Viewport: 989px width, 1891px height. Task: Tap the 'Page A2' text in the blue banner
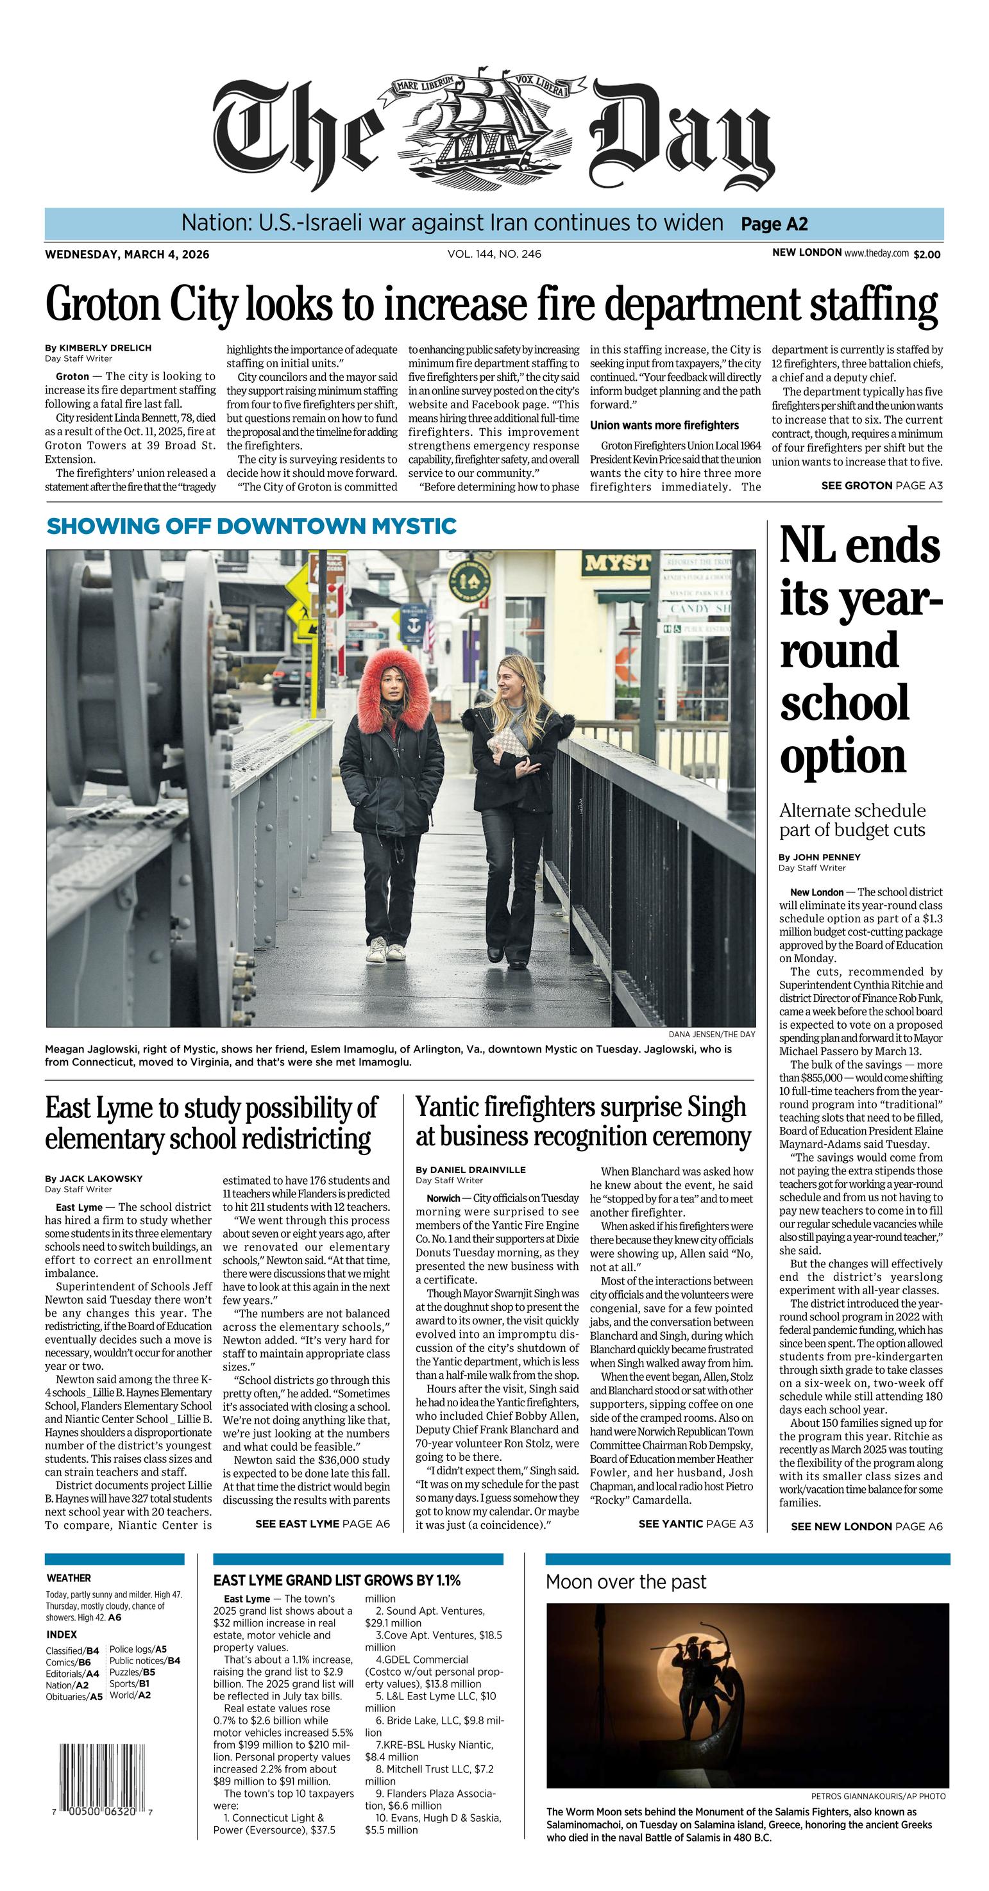[774, 224]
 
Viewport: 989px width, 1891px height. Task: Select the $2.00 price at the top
[927, 254]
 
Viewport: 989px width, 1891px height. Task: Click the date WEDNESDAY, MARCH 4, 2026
[127, 254]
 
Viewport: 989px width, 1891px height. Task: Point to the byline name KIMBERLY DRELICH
[105, 347]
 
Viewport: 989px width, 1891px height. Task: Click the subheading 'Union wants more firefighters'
[664, 425]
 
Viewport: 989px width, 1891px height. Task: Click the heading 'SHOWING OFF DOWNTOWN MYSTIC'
[251, 526]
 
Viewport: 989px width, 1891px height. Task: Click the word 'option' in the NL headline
[843, 756]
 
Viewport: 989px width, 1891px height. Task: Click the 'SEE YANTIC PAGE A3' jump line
[695, 1523]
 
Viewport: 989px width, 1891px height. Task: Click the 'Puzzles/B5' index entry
[132, 1672]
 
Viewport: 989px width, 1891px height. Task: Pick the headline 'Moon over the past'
[625, 1582]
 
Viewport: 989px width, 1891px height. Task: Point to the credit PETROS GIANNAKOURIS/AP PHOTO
[878, 1796]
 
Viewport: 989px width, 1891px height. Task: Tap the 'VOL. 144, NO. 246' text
[494, 254]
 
